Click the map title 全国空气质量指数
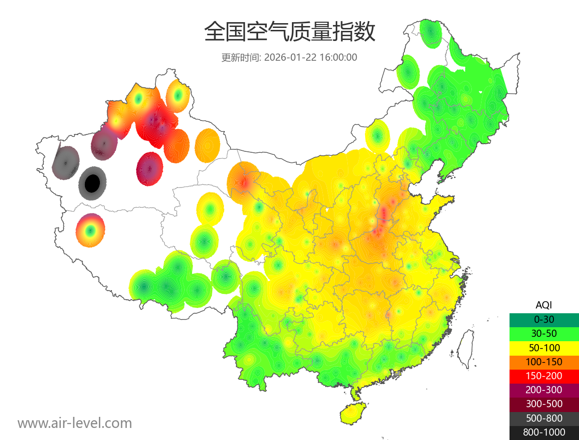pyautogui.click(x=289, y=32)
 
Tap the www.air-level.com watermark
pyautogui.click(x=75, y=423)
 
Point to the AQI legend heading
pyautogui.click(x=544, y=305)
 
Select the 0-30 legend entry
pyautogui.click(x=544, y=320)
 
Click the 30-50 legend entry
pyautogui.click(x=544, y=333)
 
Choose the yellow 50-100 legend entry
pyautogui.click(x=544, y=347)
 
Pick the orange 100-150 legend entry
pyautogui.click(x=544, y=362)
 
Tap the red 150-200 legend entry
pyautogui.click(x=544, y=376)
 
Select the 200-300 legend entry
pyautogui.click(x=544, y=390)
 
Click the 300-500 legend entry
pyautogui.click(x=544, y=404)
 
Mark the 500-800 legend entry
pyautogui.click(x=544, y=418)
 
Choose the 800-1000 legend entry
pyautogui.click(x=544, y=432)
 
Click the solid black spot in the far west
pyautogui.click(x=92, y=183)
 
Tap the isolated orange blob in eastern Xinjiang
pyautogui.click(x=207, y=145)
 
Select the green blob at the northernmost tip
pyautogui.click(x=430, y=33)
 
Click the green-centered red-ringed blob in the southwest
pyautogui.click(x=90, y=230)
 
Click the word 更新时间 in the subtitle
pyautogui.click(x=241, y=57)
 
